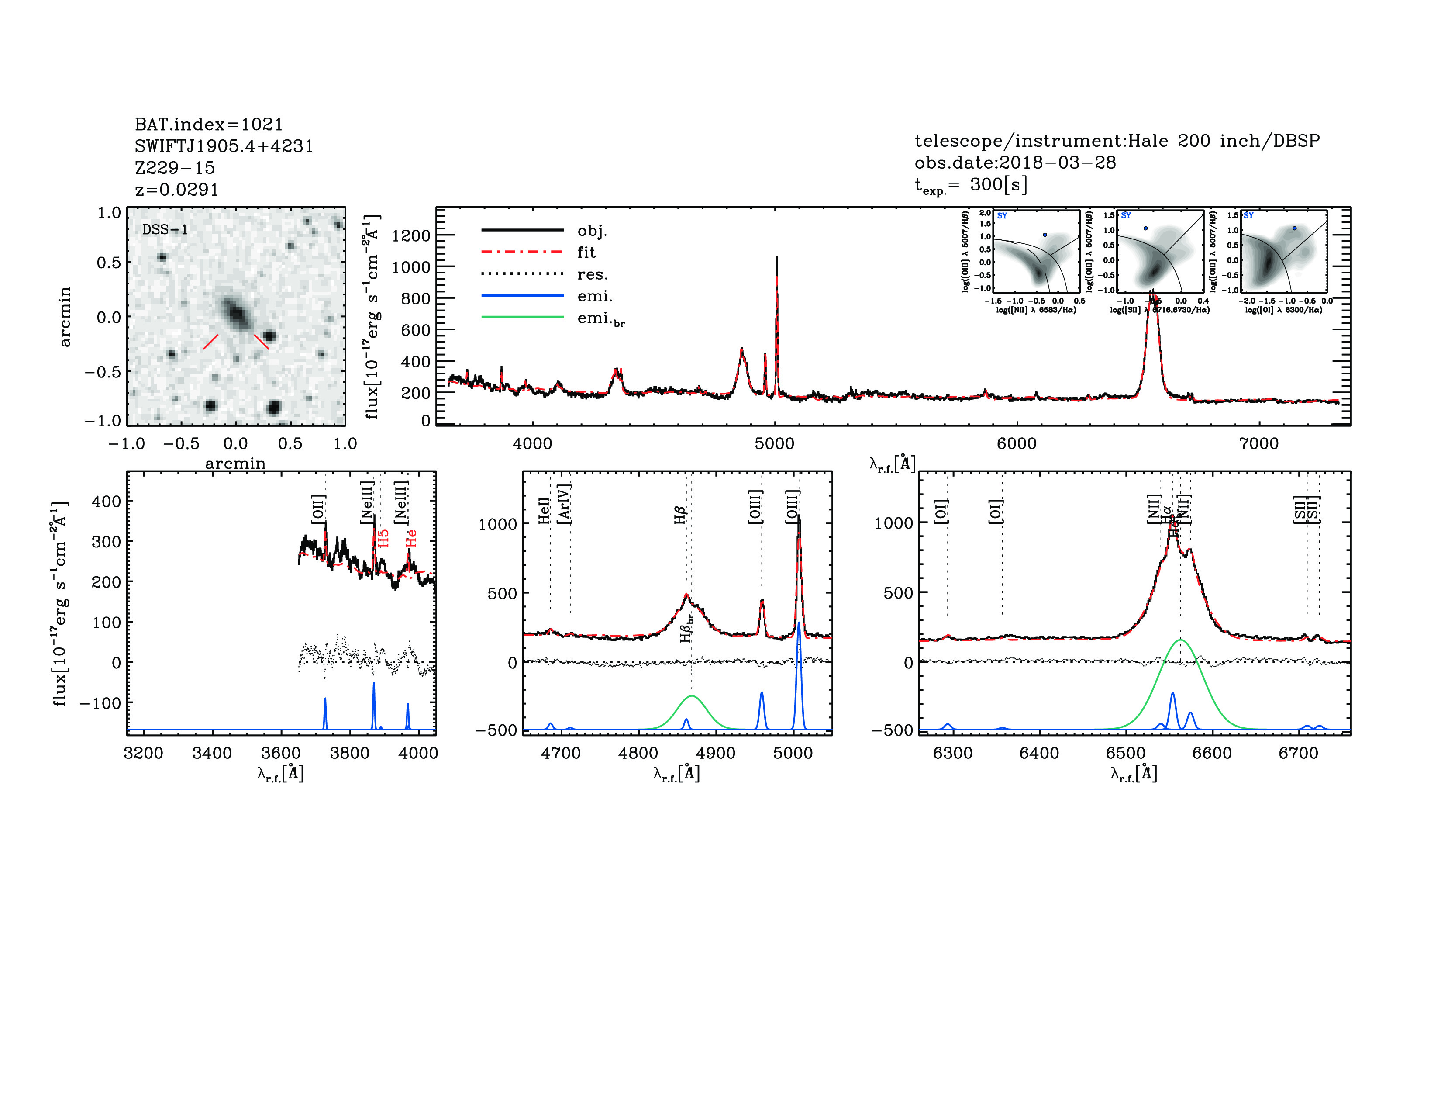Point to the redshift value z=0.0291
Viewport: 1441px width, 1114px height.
[177, 190]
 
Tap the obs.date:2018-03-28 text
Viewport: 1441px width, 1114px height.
[1015, 163]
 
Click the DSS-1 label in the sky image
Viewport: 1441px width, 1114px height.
[165, 230]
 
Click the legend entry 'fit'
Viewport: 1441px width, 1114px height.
[586, 252]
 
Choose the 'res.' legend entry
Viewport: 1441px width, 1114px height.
[592, 274]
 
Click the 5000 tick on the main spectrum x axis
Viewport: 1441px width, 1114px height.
[775, 443]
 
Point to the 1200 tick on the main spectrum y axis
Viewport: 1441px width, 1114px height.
[410, 235]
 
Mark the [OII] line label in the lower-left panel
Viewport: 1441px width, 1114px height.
[318, 508]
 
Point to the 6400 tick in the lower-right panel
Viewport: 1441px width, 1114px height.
[1039, 753]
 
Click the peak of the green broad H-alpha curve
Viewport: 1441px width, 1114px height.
[1180, 640]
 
